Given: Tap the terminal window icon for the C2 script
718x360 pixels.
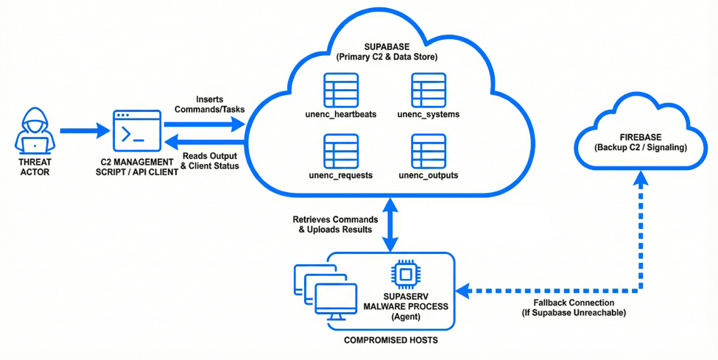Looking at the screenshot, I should coord(137,131).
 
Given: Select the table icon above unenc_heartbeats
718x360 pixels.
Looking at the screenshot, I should coord(341,91).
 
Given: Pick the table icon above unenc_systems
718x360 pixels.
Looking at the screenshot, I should coord(429,91).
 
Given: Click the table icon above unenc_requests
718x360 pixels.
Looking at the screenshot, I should coord(341,152).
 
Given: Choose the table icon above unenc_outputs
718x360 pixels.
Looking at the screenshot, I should coord(429,152).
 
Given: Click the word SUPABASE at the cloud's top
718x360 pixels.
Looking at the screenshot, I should coord(386,47).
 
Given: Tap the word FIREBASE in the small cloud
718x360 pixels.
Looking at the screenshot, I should coord(640,138).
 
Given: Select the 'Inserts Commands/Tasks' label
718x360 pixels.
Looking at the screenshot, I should coord(210,105).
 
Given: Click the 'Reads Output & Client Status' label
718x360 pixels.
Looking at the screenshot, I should coord(210,161).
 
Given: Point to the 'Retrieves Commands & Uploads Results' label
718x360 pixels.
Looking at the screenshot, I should coord(335,225).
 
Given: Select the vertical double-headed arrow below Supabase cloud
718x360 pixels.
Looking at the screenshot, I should coord(390,225).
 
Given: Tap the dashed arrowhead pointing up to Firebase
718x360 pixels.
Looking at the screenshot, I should coord(641,177).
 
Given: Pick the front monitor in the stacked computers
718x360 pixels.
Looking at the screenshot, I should coord(337,302).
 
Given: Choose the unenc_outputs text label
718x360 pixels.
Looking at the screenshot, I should coord(429,175).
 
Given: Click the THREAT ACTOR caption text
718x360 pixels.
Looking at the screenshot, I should coord(35,167).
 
